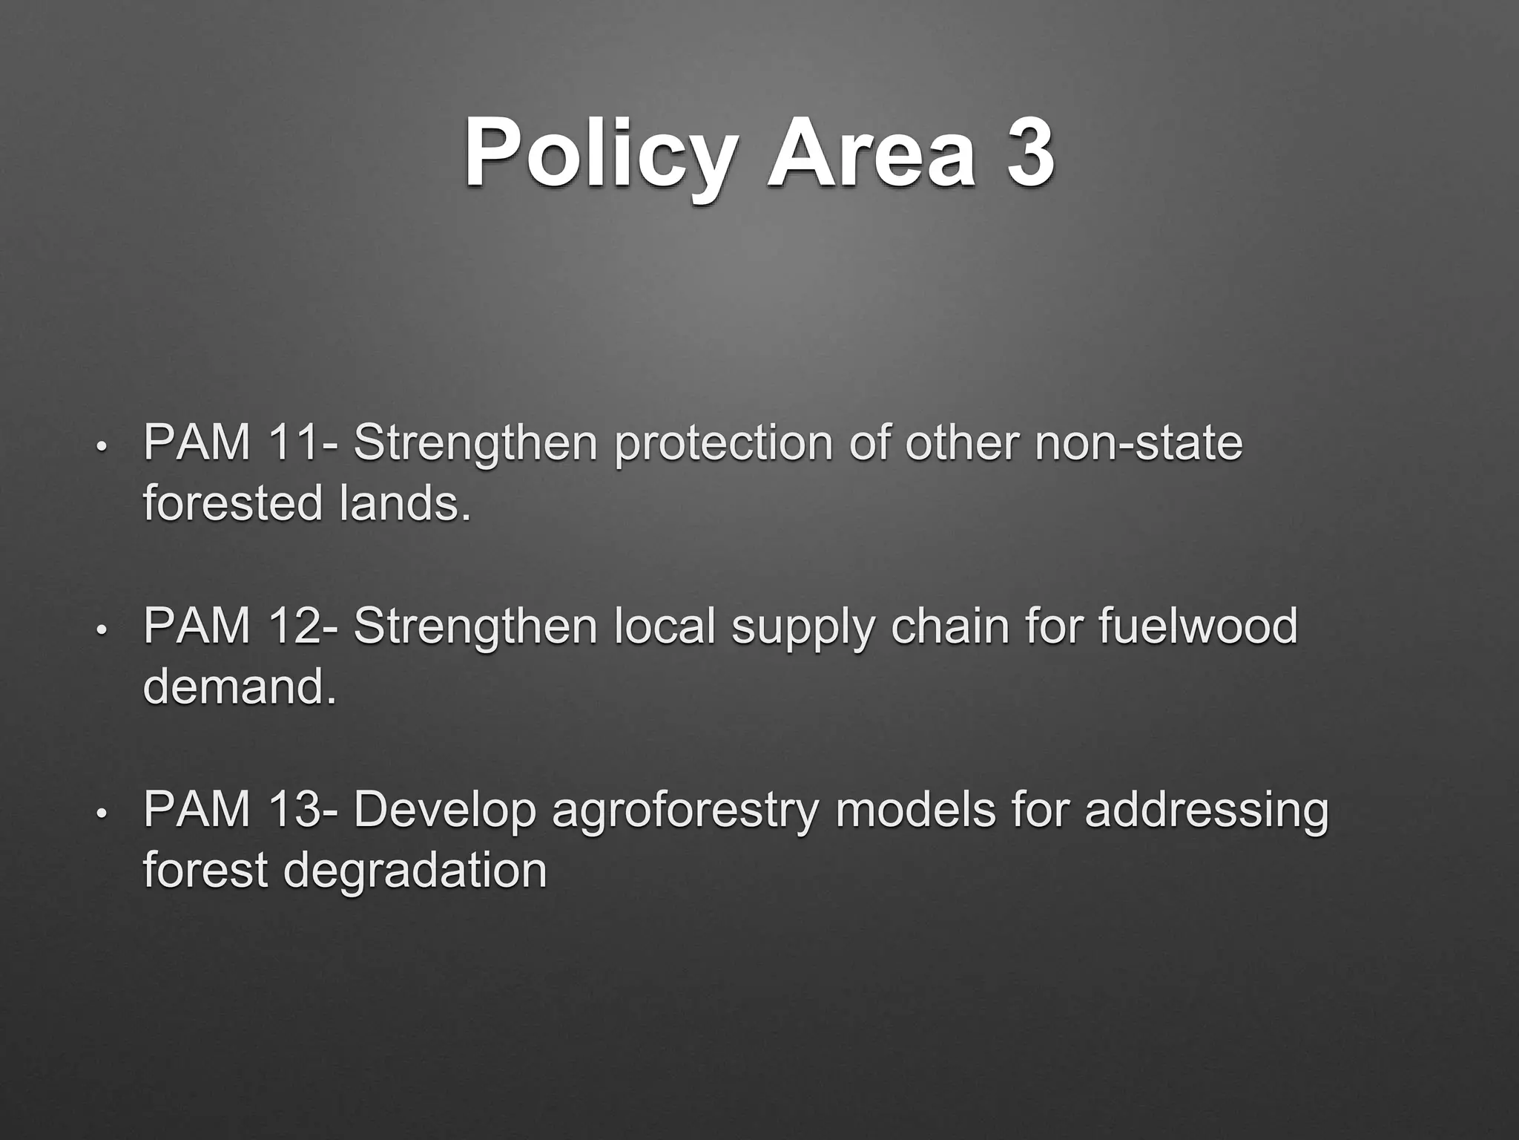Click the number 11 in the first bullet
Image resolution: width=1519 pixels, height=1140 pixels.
(294, 443)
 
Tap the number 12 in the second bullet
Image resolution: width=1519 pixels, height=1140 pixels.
(294, 626)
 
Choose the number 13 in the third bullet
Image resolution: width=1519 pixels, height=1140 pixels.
(294, 810)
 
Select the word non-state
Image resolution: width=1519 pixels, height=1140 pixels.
(1139, 443)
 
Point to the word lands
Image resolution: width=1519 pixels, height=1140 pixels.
(405, 503)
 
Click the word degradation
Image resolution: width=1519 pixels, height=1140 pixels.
(415, 870)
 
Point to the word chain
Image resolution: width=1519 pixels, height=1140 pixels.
(950, 626)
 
